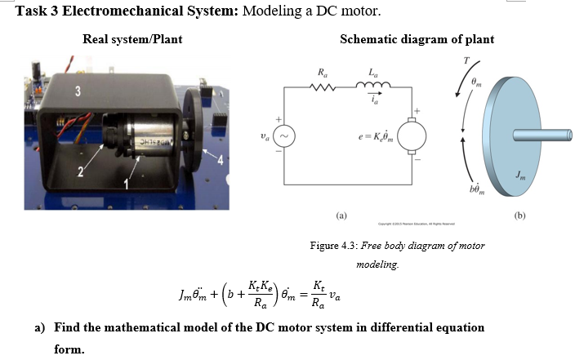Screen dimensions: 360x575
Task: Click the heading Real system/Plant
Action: [132, 39]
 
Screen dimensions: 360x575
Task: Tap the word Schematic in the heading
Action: [367, 39]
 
